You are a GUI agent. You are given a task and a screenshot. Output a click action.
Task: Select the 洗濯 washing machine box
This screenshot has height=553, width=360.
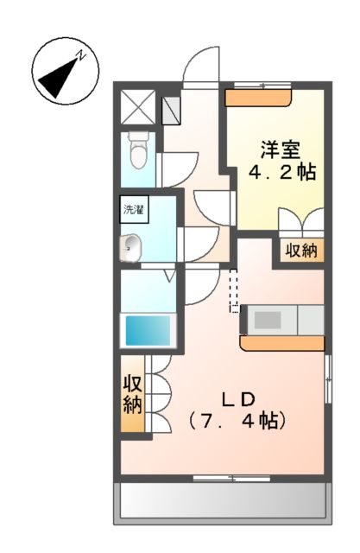133,209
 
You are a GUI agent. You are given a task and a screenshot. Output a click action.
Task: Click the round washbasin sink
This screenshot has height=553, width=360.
130,248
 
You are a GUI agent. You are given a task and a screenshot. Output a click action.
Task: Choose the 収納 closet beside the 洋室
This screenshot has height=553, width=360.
300,251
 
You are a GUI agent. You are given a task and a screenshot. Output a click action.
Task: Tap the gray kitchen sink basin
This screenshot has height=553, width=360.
267,320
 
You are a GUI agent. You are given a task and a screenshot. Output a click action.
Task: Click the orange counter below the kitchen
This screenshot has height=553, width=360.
282,343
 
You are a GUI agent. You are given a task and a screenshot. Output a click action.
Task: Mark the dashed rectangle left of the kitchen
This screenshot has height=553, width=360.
233,290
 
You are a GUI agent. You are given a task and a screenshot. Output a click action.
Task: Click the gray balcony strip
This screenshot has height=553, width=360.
223,500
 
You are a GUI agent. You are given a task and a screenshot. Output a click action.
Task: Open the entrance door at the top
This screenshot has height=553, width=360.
203,65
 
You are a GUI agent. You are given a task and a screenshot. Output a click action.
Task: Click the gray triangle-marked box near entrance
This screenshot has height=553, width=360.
171,108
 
